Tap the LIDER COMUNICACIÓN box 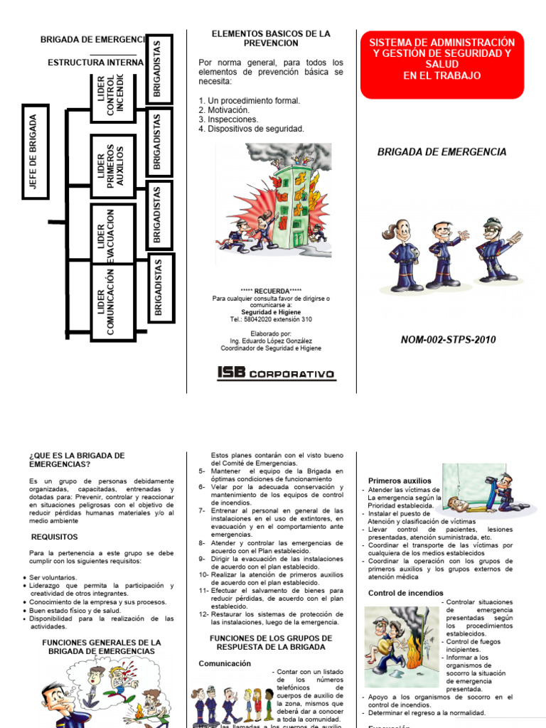[x=112, y=301]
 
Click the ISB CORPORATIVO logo [x=277, y=374]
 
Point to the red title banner [x=441, y=64]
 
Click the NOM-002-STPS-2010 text [x=448, y=340]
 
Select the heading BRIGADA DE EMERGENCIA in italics [x=441, y=151]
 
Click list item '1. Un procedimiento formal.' [x=250, y=101]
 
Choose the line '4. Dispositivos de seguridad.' [x=252, y=129]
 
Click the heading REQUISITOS [x=55, y=537]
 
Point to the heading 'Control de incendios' [x=405, y=593]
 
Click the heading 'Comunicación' [x=225, y=663]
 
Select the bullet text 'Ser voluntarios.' [x=54, y=577]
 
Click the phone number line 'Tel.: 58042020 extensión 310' [x=271, y=320]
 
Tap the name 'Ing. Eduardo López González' [x=271, y=341]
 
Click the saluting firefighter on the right [x=496, y=252]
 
